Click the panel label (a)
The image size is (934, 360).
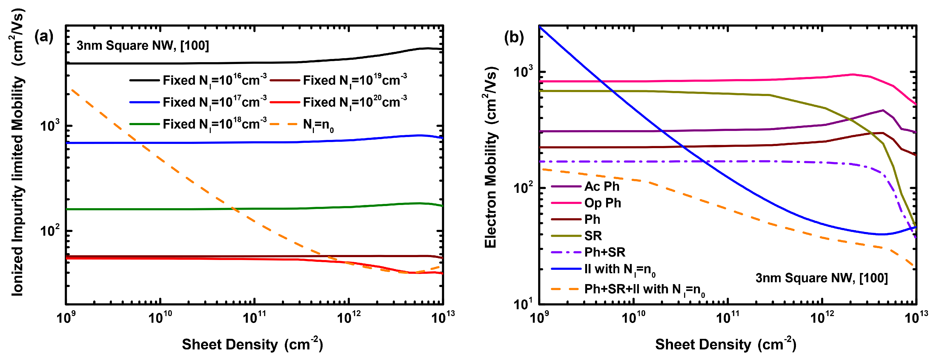[44, 37]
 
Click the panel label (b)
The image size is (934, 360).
[514, 37]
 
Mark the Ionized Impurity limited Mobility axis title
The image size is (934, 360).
[17, 152]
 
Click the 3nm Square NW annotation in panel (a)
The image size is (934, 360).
[143, 46]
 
